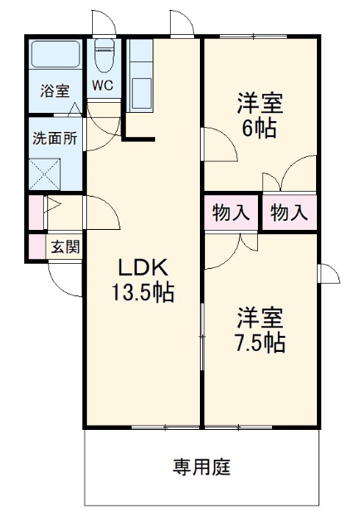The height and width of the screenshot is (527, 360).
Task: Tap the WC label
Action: [x=104, y=85]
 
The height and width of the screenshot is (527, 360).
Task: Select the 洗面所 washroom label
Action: [x=55, y=139]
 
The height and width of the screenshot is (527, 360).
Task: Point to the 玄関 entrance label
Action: [x=63, y=246]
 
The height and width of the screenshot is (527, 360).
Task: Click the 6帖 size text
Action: [x=260, y=129]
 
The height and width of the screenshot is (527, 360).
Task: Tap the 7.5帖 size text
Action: [x=260, y=343]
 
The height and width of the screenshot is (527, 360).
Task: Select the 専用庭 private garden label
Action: [x=202, y=466]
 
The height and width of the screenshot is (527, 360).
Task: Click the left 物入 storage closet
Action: [x=230, y=212]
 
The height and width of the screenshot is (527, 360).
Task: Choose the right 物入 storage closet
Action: [x=289, y=212]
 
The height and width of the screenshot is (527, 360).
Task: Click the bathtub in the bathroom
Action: [x=55, y=56]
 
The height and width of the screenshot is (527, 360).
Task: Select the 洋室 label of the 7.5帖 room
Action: [x=260, y=318]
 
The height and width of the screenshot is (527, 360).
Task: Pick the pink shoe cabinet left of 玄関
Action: [x=35, y=246]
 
